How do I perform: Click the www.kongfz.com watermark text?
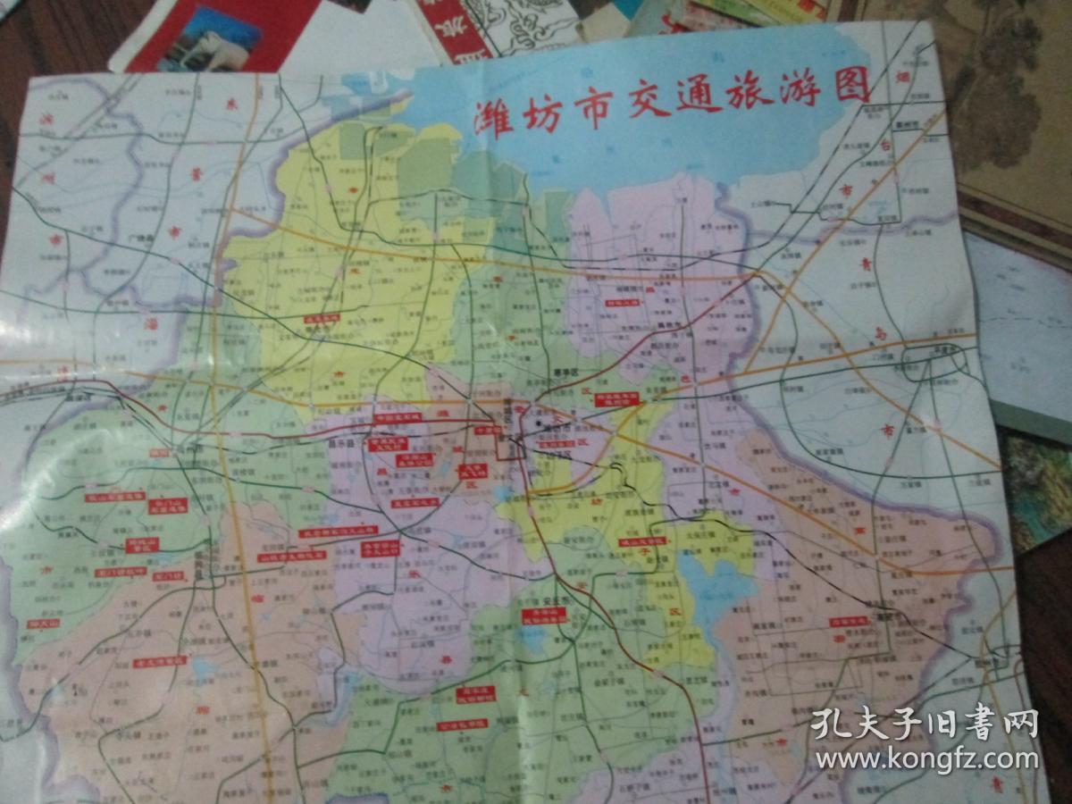pyautogui.click(x=926, y=760)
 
